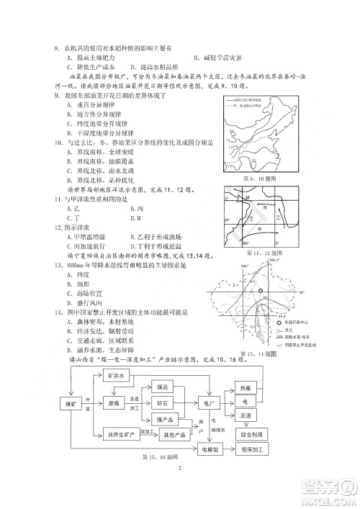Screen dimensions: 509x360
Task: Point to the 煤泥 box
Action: tap(166, 387)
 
